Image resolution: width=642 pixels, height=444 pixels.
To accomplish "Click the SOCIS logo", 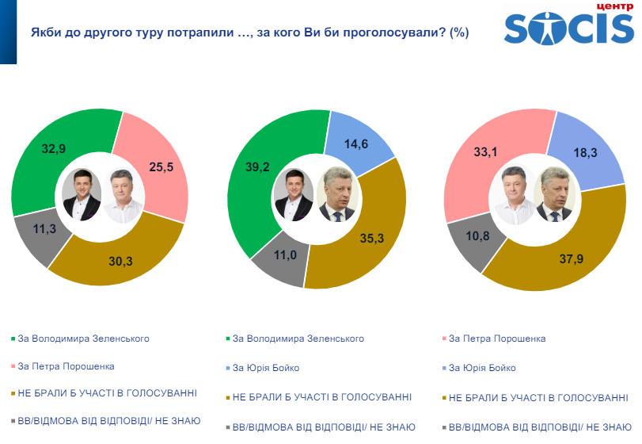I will (568, 26).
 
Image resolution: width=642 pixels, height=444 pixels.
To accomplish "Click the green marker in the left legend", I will (13, 339).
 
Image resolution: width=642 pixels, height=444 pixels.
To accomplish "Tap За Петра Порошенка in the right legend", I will (496, 339).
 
